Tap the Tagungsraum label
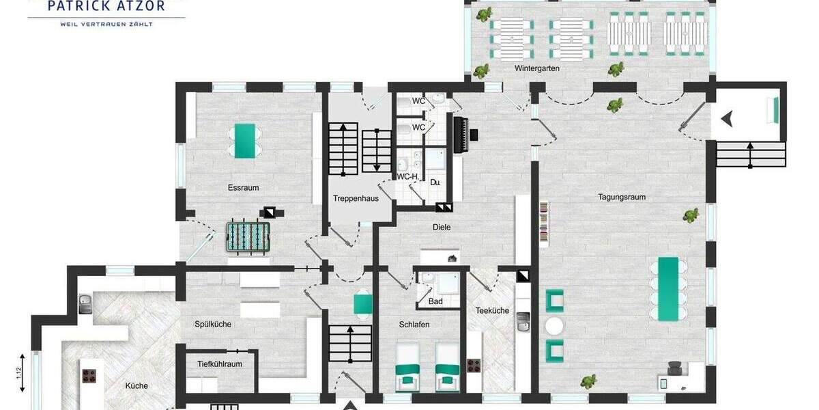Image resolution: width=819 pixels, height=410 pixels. coord(622,197)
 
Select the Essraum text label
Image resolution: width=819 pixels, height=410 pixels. coord(244,187)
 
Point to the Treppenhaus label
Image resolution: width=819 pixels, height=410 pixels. coord(356,199)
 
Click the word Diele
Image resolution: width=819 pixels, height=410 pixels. coord(442,227)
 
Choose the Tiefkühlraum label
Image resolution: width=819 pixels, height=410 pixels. coord(220,364)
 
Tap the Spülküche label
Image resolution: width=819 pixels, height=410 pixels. coord(213,324)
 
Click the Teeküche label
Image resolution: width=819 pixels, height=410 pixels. coord(492,310)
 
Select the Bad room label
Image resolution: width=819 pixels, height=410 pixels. coord(435,301)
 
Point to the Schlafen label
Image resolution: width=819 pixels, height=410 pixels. coord(414,325)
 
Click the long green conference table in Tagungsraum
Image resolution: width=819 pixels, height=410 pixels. coord(668,288)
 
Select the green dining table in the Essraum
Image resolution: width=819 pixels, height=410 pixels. coord(244,141)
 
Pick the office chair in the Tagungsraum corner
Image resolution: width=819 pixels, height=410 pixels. coord(675,368)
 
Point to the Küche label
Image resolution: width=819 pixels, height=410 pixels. coord(136,386)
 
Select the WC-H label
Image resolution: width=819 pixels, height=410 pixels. coord(407,176)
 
